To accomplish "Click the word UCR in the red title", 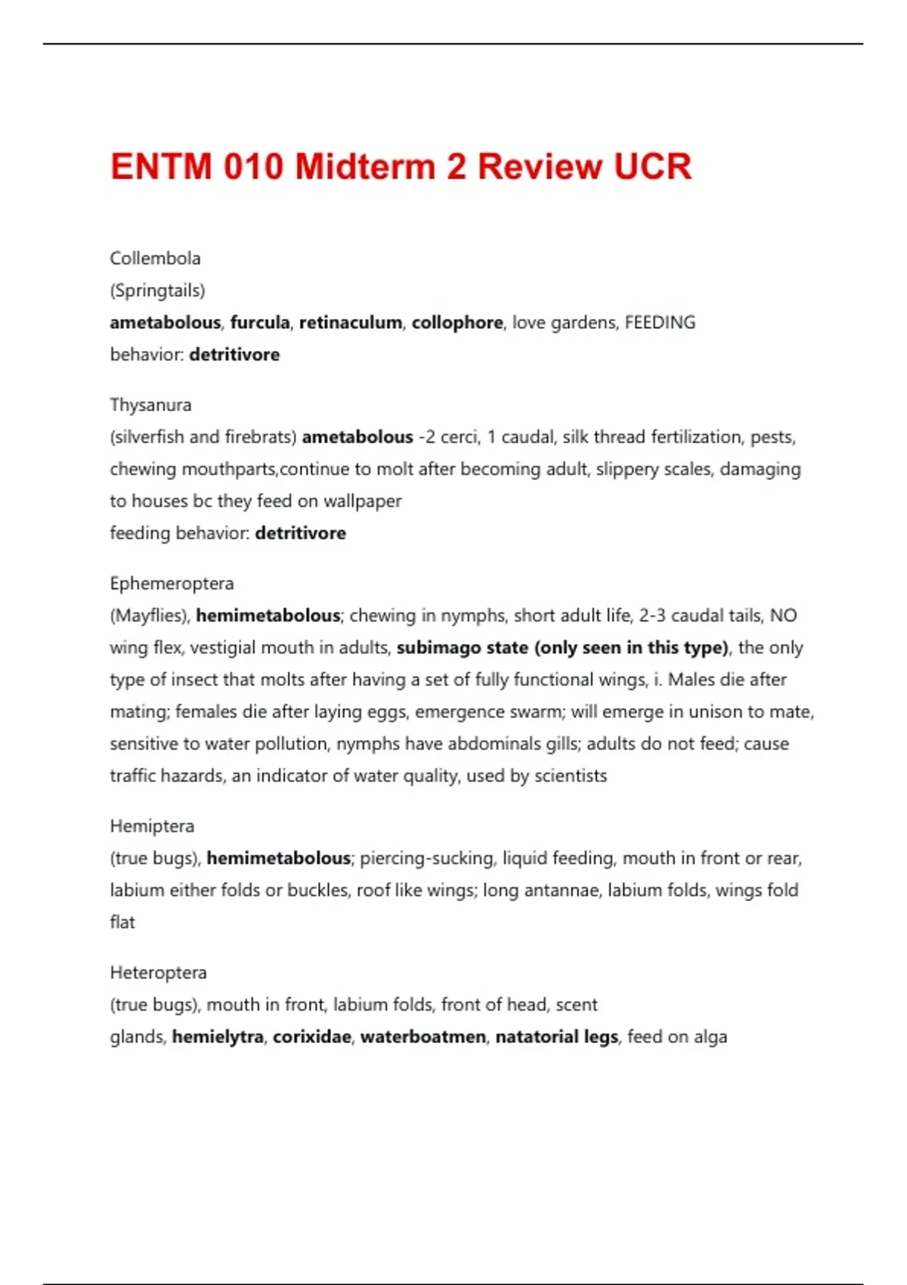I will click(652, 167).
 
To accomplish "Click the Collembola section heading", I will click(155, 259).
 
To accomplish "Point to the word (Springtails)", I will click(157, 290).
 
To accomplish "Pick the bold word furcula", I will click(260, 323).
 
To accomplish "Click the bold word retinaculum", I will click(351, 323).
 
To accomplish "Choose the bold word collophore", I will click(457, 323).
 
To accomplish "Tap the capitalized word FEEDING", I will click(660, 323).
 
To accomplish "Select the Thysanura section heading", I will click(150, 405).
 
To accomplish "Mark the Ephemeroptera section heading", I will click(172, 584).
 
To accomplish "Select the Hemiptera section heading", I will click(152, 826).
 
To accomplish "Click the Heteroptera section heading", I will click(158, 973).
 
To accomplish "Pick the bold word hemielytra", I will click(218, 1037).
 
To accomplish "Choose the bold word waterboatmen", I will click(423, 1037).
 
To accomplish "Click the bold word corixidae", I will click(311, 1037).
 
